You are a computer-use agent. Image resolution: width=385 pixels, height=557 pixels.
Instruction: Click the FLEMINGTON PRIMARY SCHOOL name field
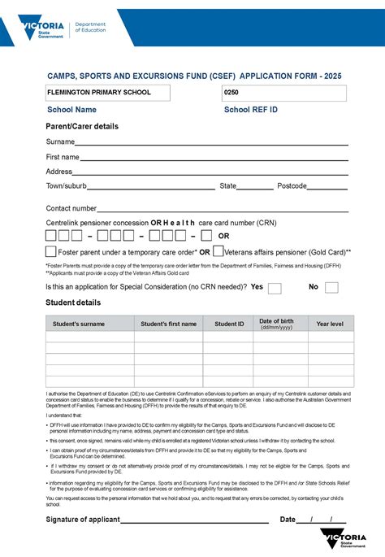(108, 93)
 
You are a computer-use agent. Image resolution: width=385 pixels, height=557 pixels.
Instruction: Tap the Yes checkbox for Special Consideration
(275, 288)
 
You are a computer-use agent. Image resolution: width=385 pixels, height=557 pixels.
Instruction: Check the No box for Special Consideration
(331, 288)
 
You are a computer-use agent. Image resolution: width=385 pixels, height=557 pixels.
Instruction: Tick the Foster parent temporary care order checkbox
(50, 252)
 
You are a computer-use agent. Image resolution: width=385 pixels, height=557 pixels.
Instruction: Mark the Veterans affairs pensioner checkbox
(218, 251)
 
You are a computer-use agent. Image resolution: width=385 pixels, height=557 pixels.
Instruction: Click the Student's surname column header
(79, 324)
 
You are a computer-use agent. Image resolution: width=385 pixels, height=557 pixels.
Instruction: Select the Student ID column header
(229, 324)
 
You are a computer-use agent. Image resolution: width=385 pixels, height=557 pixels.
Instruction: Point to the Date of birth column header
(276, 324)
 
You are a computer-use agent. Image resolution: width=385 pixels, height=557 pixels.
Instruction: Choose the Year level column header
(330, 324)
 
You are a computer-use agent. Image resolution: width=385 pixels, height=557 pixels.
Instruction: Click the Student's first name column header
(168, 324)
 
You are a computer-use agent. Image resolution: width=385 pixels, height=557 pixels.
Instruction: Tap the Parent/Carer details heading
(82, 127)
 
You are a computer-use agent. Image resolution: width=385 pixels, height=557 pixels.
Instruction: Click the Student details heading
(73, 302)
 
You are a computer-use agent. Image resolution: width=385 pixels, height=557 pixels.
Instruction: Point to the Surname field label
(61, 142)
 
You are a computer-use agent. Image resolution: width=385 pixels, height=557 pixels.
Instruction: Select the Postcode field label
(292, 186)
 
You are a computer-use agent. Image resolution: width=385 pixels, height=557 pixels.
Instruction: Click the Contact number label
(71, 209)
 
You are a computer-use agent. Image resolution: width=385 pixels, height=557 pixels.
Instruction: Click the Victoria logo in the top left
(41, 30)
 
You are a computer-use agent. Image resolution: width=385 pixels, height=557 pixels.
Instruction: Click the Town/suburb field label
(67, 186)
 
